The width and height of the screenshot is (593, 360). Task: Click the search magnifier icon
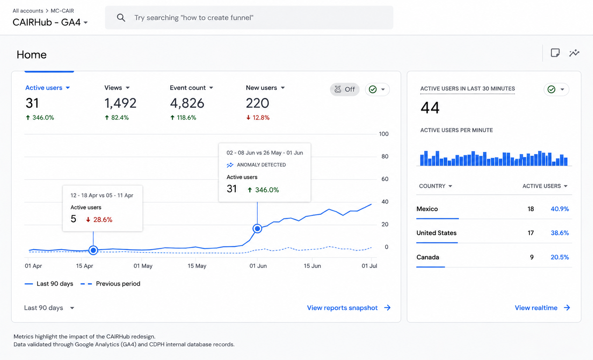coord(121,18)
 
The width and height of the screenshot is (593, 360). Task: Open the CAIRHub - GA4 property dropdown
coord(50,22)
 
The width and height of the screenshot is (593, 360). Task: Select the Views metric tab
coord(117,88)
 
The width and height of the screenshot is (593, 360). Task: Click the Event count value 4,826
coord(187,103)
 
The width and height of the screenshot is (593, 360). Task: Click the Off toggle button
coord(345,90)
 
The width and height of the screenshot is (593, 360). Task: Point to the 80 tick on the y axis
coord(385,157)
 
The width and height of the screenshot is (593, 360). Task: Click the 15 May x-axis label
coord(197,266)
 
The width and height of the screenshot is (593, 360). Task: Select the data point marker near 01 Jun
coord(257,228)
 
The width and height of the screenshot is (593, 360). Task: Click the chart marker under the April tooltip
coord(93,250)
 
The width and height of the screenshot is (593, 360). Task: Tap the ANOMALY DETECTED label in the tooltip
coord(261,165)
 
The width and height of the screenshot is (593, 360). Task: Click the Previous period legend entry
coord(111,284)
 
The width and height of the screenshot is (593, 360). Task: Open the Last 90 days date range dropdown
coord(49,308)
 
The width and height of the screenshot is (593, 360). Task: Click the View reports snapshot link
coord(349,308)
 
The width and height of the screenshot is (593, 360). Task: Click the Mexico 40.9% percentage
coord(559,209)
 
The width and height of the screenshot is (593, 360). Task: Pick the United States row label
coord(436,233)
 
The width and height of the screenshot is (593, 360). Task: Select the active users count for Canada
coord(531,257)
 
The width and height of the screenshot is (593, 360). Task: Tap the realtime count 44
coord(430,108)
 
